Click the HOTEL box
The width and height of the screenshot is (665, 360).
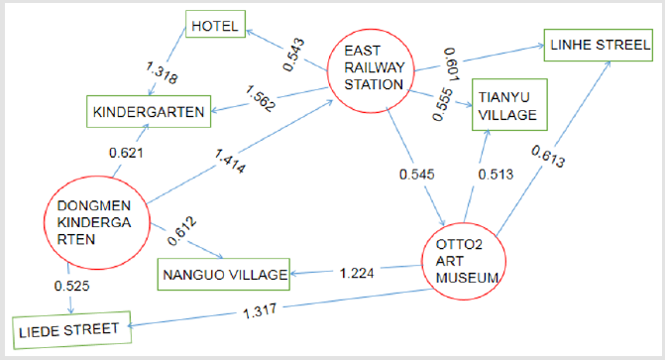(x=215, y=24)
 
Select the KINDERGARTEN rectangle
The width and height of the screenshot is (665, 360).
(x=149, y=111)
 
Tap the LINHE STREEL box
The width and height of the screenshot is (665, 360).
(x=599, y=45)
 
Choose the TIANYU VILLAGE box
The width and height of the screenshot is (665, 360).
(x=509, y=104)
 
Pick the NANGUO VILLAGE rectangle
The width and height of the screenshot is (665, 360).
(x=224, y=275)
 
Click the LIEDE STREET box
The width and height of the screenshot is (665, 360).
(x=71, y=330)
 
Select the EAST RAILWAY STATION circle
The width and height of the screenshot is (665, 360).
(x=371, y=70)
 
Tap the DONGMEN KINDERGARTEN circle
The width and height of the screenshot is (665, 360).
(x=97, y=222)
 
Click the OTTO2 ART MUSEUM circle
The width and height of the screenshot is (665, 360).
(x=464, y=261)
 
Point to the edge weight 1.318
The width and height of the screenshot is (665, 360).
(x=162, y=72)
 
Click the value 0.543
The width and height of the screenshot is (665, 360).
(x=293, y=55)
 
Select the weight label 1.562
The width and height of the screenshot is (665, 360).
(x=260, y=98)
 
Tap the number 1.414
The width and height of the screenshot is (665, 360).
(x=230, y=161)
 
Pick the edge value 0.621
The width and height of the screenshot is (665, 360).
(x=126, y=153)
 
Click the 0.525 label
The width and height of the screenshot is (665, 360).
(x=71, y=286)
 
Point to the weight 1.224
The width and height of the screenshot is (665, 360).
(x=357, y=273)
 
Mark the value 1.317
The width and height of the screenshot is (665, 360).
(x=260, y=311)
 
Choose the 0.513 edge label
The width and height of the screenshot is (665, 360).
(x=496, y=175)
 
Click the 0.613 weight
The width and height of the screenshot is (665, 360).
(x=548, y=157)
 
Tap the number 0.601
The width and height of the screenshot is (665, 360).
(x=451, y=64)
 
